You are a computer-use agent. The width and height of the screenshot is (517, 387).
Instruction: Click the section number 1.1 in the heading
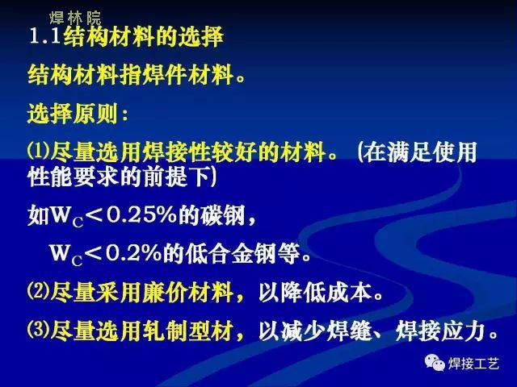coord(45,35)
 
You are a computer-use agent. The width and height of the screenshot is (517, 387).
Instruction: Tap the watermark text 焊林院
coord(75,18)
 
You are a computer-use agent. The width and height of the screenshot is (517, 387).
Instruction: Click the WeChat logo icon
coord(435,362)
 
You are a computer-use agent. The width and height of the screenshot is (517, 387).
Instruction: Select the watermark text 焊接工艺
coord(473,364)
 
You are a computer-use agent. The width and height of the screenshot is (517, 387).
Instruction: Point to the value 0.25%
coord(142,215)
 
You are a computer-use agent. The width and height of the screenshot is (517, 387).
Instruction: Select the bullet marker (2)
coord(38,291)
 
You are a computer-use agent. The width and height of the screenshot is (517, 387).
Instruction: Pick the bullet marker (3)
coord(38,330)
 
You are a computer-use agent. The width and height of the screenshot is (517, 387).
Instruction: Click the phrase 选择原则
coord(73,114)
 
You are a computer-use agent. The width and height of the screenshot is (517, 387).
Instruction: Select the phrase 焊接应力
coord(441,331)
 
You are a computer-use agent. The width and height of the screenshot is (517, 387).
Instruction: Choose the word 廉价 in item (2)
coord(165,292)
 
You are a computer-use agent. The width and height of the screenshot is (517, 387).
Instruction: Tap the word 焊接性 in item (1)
coord(176,152)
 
